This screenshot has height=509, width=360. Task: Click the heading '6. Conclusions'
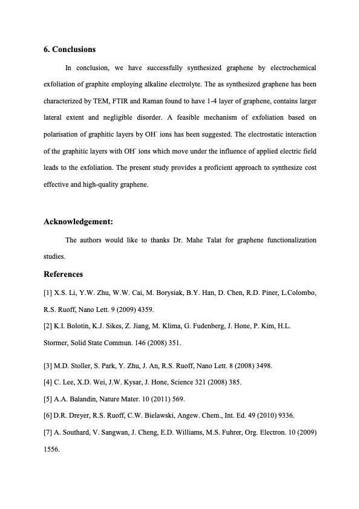click(x=70, y=50)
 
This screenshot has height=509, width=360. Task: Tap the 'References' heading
click(x=63, y=274)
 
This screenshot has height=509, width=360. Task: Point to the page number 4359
click(x=144, y=310)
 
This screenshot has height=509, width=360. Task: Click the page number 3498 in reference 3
click(x=262, y=366)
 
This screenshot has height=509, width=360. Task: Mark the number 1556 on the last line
click(x=51, y=449)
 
